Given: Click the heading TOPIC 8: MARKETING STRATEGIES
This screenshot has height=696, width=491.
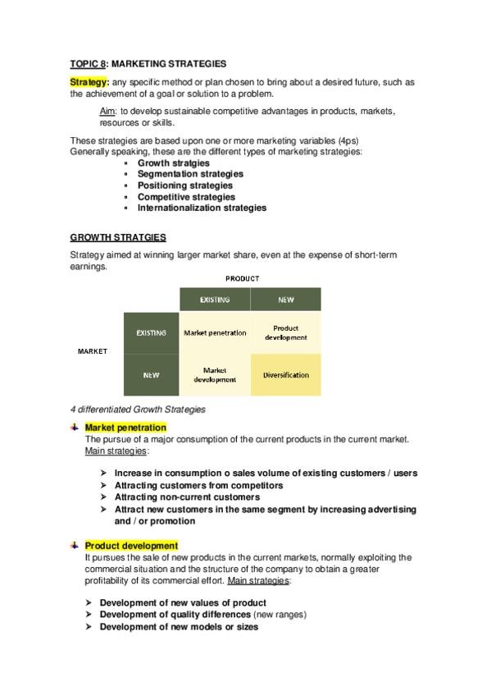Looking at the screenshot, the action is point(148,63).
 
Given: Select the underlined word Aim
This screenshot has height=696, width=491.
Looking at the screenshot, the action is point(107,112).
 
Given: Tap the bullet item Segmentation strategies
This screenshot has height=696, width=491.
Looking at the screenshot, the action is point(190,174).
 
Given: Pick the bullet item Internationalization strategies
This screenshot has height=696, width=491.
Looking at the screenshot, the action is point(202,208).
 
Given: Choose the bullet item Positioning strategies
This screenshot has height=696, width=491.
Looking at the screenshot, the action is point(185,185).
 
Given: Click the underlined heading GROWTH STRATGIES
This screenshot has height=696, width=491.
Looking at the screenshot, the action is point(118,237).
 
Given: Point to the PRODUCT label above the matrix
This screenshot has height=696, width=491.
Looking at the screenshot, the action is point(243,279).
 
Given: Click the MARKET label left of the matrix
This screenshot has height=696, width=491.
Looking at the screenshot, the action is point(93,351).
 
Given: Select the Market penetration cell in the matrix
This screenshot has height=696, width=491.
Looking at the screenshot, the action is point(215,333).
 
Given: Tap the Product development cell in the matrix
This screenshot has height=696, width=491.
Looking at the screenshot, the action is point(285,332).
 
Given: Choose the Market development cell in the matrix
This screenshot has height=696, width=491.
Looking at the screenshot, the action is point(215,375).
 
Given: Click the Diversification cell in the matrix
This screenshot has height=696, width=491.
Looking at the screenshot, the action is point(285,375).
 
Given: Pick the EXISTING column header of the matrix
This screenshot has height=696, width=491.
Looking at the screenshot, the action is point(215,300).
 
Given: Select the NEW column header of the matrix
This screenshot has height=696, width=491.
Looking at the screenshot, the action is point(285,300).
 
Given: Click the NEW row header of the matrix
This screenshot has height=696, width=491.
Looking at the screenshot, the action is point(151,375).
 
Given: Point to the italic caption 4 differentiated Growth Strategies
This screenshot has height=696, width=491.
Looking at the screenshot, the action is point(138,409).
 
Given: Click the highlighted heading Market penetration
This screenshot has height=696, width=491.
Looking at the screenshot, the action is point(125,428).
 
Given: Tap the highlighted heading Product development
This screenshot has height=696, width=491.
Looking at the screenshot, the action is point(131,546).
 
